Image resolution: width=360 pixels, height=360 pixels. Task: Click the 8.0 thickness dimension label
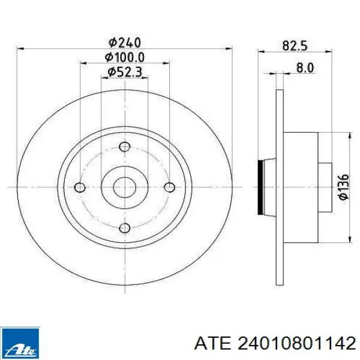click(305, 68)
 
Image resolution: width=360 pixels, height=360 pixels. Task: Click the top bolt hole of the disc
click(125, 147)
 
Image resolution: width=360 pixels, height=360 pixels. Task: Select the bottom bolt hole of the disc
click(125, 227)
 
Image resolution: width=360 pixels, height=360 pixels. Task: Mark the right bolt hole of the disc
click(170, 187)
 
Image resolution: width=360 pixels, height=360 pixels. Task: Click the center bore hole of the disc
click(125, 187)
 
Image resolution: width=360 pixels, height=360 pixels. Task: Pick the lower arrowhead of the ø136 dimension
click(349, 239)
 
